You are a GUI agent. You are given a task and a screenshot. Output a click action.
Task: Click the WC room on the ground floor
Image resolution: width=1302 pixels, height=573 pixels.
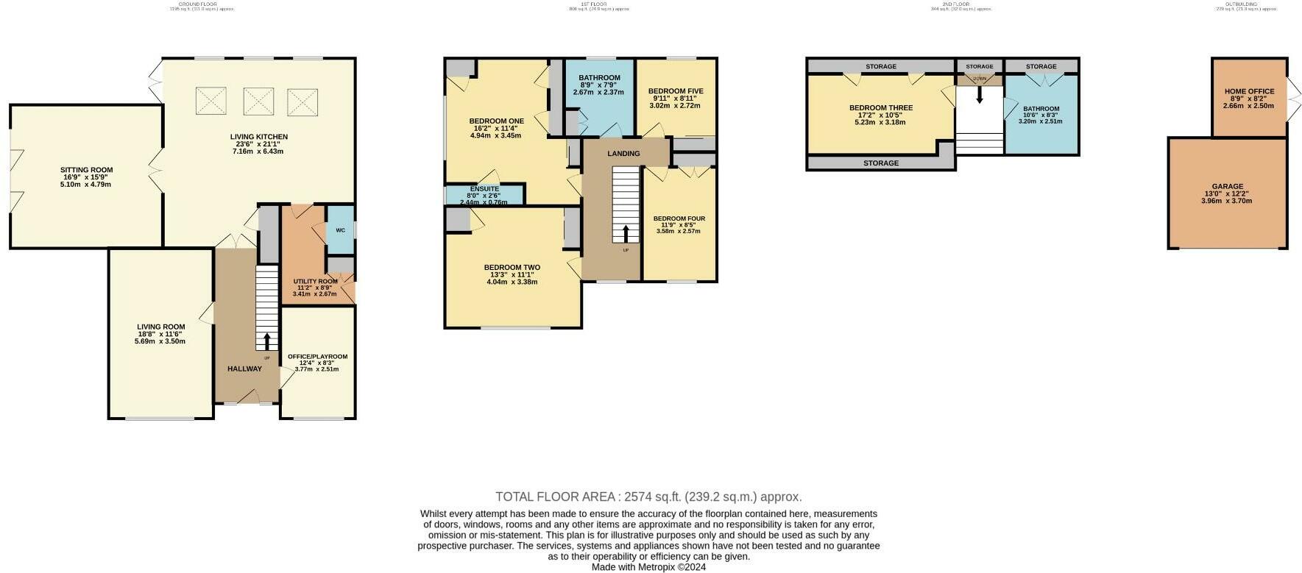340,230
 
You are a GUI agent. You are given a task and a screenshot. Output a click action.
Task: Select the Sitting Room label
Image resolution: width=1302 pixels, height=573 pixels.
86,170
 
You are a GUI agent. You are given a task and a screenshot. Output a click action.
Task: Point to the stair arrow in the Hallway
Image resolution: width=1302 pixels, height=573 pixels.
266,341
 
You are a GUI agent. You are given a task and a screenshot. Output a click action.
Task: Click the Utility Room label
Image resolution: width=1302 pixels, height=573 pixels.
315,281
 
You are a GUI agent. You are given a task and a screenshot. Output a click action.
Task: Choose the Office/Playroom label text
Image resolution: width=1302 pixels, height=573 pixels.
317,357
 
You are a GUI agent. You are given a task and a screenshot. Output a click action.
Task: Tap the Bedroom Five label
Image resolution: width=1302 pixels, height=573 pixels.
676,91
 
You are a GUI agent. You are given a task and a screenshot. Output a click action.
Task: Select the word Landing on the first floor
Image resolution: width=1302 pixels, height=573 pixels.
623,154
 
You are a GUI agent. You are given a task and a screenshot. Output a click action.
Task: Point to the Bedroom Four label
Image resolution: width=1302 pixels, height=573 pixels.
679,218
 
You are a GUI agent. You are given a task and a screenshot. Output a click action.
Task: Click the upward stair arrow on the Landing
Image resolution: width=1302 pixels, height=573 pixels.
626,233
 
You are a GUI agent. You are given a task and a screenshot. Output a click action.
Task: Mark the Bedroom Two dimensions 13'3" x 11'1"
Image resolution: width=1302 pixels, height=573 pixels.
512,275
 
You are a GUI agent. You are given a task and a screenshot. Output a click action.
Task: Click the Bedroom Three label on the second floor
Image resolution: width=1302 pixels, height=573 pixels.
880,108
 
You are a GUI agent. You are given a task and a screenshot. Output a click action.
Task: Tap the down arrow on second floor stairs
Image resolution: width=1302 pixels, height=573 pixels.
980,94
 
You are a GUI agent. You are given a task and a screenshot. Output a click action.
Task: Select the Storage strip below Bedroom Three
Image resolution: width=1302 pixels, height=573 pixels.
880,163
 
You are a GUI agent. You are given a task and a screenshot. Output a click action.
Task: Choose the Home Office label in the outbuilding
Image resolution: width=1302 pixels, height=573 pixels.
1249,92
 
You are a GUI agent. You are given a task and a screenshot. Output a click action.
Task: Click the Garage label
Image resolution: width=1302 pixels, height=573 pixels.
1227,187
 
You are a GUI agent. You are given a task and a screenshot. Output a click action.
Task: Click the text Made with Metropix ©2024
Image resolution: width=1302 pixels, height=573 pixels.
648,567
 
